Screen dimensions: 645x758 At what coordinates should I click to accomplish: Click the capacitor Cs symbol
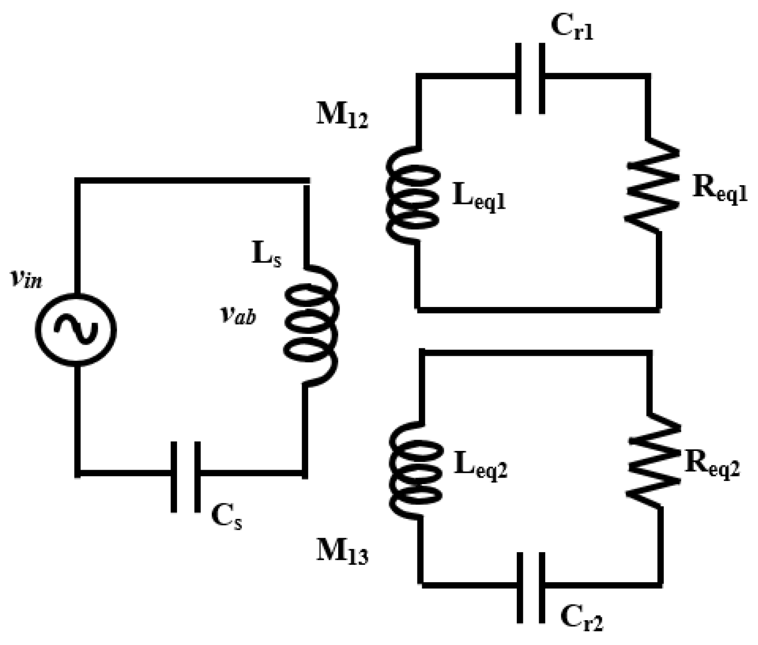tap(186, 476)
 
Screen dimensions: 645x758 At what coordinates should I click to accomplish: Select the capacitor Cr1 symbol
tap(530, 78)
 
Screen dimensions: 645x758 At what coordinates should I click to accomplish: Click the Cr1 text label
tap(572, 28)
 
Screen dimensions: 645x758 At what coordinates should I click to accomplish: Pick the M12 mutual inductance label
tap(342, 115)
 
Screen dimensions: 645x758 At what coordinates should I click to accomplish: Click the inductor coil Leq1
tap(412, 195)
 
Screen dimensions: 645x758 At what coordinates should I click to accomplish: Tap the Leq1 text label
tap(479, 198)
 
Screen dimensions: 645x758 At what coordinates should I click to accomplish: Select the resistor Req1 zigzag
tap(653, 186)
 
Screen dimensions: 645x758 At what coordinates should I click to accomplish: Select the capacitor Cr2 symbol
tap(531, 587)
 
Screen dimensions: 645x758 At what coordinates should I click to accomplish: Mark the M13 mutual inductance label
tap(342, 551)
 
